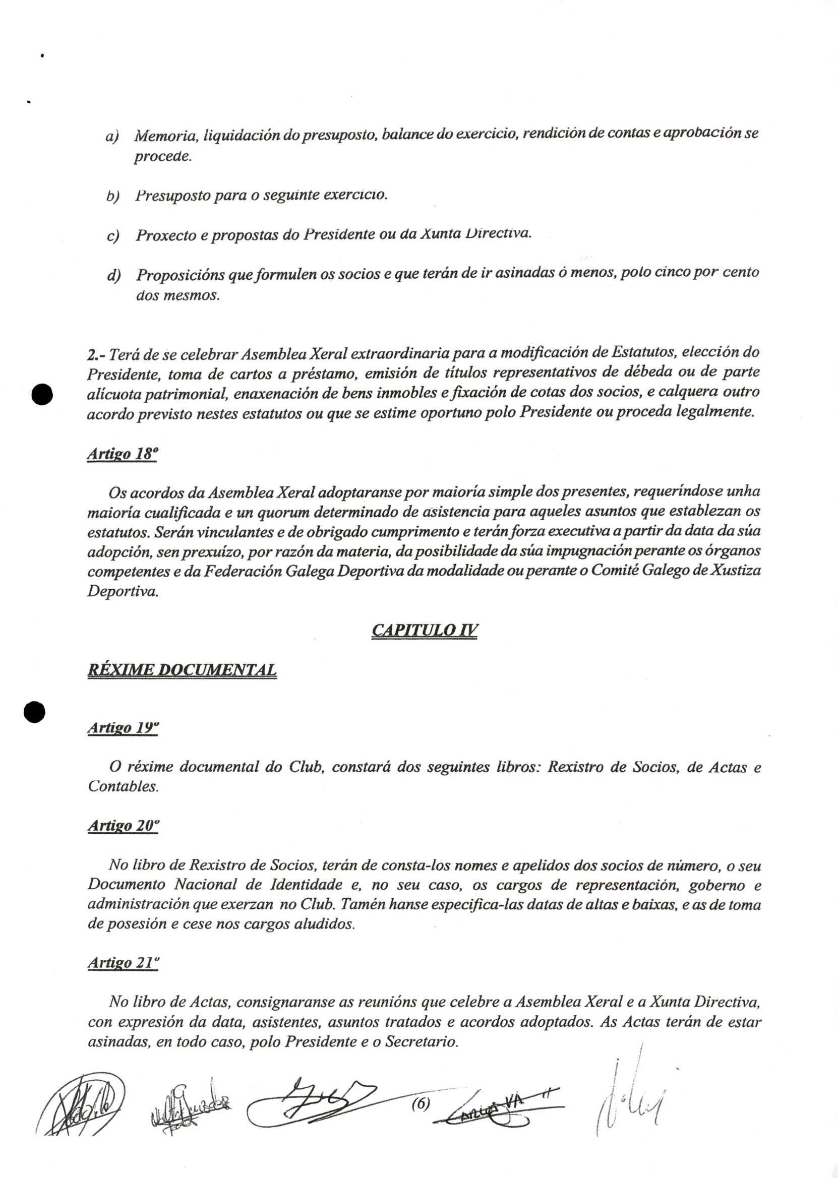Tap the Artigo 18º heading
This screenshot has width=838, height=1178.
click(122, 454)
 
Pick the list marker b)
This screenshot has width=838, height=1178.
click(112, 197)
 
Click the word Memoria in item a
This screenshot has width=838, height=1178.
click(166, 136)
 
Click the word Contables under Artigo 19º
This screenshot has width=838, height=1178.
click(123, 787)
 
